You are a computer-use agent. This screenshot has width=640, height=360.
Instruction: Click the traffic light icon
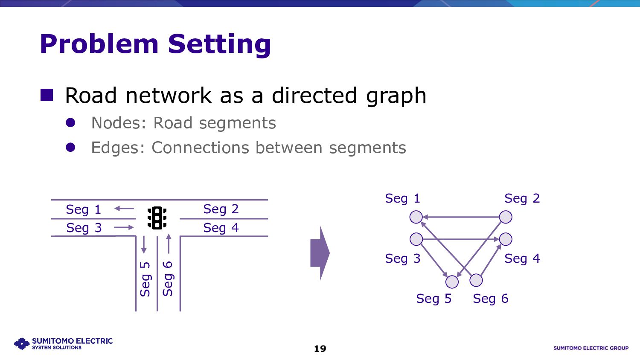click(157, 218)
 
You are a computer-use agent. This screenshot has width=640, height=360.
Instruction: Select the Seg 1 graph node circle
click(416, 217)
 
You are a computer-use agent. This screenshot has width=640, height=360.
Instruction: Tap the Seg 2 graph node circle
click(506, 217)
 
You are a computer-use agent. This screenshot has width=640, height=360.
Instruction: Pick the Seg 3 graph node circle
click(416, 239)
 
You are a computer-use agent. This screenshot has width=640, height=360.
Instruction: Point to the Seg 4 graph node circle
click(506, 239)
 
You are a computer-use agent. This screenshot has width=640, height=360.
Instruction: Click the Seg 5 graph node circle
click(452, 282)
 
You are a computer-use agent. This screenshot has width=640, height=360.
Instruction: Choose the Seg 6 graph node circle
click(476, 280)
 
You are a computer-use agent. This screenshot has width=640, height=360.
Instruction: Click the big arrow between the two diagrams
click(320, 253)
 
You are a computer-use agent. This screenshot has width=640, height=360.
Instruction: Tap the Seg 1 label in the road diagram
click(84, 209)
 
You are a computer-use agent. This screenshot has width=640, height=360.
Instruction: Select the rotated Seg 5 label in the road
click(145, 279)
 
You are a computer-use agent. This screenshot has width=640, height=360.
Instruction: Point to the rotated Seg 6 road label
click(168, 279)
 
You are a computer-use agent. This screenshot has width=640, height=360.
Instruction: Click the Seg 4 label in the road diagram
click(221, 228)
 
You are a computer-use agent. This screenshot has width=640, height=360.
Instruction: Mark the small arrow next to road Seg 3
click(124, 227)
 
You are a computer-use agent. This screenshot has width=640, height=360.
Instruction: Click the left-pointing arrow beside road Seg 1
click(124, 209)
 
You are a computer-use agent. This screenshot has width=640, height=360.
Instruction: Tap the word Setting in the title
click(219, 44)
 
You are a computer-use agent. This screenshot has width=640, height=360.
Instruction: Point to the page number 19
click(320, 349)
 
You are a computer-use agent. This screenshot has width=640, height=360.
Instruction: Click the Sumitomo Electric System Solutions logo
click(64, 343)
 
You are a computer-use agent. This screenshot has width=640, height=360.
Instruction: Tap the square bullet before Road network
click(47, 95)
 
